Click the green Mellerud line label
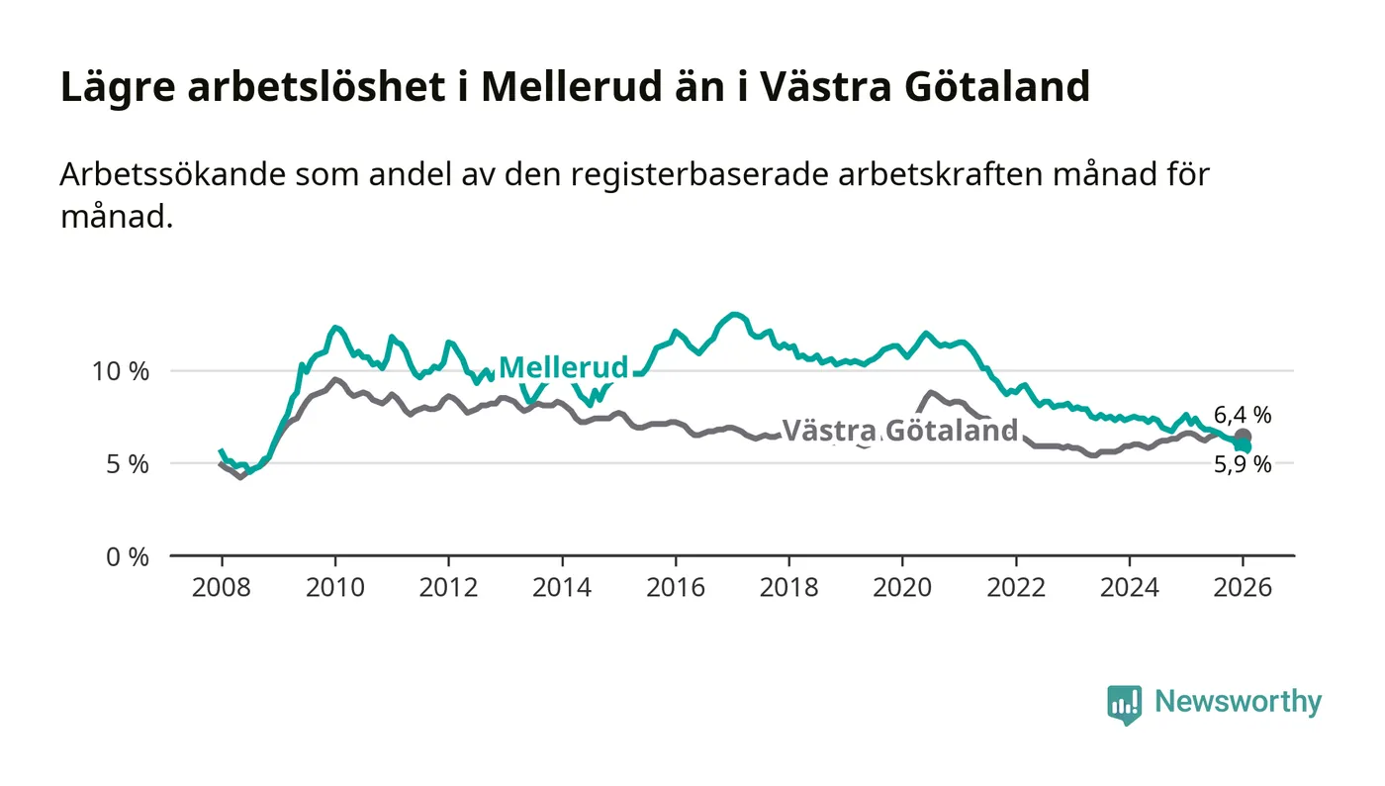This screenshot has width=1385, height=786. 563,367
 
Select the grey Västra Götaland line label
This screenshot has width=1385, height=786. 899,431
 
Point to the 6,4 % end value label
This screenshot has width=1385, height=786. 1243,415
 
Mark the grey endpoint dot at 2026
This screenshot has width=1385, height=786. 1243,437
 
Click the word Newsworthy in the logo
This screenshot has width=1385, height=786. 1238,702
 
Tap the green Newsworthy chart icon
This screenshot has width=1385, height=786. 1124,704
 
